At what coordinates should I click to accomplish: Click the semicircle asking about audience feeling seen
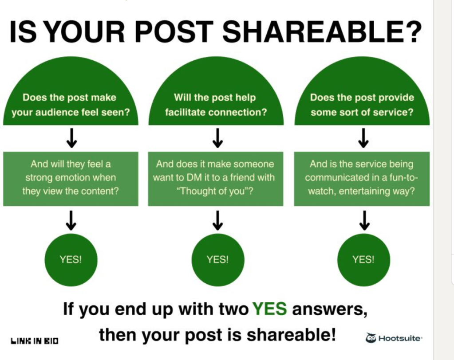[x=71, y=91]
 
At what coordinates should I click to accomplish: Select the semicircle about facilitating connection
[x=216, y=91]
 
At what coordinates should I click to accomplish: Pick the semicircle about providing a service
[x=362, y=91]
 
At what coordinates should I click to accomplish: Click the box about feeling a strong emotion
[x=71, y=179]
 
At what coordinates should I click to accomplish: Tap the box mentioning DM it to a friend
[x=216, y=179]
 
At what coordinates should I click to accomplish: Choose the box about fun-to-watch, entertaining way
[x=362, y=179]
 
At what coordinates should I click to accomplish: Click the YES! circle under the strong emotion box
[x=71, y=260]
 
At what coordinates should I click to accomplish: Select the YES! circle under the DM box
[x=218, y=260]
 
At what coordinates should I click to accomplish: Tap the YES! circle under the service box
[x=363, y=260]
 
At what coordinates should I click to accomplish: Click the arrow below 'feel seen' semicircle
[x=71, y=138]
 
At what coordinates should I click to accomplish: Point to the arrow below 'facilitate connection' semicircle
[x=218, y=138]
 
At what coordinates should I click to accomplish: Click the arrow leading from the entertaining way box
[x=364, y=221]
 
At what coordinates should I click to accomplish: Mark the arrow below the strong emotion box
[x=71, y=221]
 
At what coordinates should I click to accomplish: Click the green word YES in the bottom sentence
[x=269, y=309]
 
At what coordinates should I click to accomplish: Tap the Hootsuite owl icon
[x=371, y=338]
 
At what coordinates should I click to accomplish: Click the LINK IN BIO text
[x=35, y=340]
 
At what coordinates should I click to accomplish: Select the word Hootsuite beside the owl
[x=400, y=338]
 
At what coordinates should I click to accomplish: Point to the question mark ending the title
[x=412, y=31]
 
